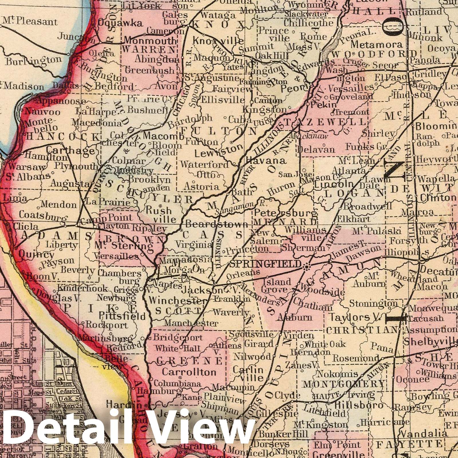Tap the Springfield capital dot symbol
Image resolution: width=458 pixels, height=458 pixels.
pos(307,267)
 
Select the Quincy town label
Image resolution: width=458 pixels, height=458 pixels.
pos(36,254)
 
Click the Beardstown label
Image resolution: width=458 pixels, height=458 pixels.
pos(216,224)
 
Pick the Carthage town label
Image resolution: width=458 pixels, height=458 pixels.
pos(70,150)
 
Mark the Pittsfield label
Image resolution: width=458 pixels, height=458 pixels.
pos(122,316)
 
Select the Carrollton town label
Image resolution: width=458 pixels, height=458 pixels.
pos(189,372)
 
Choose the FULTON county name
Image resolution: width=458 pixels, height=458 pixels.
pos(219,131)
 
